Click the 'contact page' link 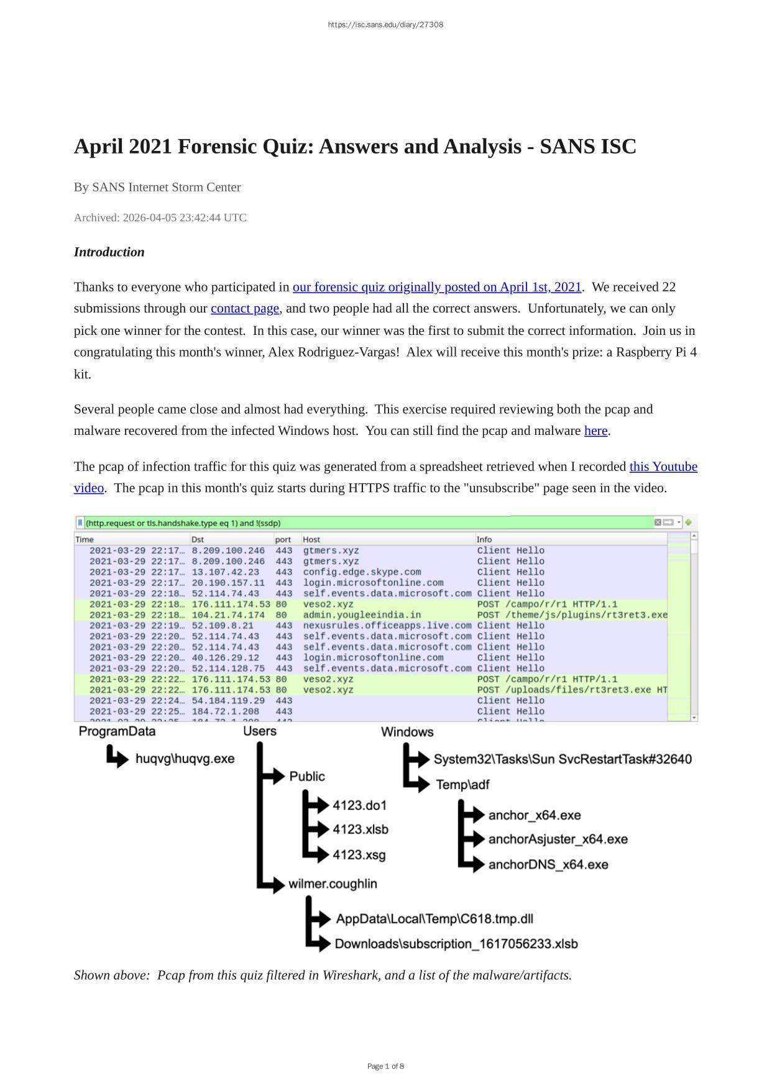point(245,309)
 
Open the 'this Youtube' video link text point(663,467)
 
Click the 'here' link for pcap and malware point(595,431)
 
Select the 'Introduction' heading point(109,252)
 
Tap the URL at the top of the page point(385,25)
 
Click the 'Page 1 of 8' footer point(385,1066)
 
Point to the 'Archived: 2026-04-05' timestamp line point(160,217)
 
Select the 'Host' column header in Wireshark point(311,539)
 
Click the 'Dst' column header point(197,539)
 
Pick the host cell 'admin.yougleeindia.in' point(362,615)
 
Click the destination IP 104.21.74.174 point(228,615)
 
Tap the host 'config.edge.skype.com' point(362,572)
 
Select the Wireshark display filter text point(183,523)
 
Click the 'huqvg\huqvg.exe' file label point(185,759)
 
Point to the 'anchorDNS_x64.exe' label point(548,864)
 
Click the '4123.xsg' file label point(359,855)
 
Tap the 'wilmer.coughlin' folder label point(333,883)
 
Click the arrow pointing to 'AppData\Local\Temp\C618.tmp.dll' point(319,918)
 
